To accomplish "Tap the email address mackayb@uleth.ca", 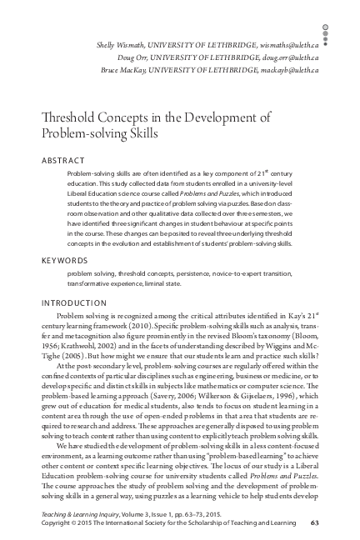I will pyautogui.click(x=307, y=72).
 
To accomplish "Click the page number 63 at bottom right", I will pyautogui.click(x=337, y=523).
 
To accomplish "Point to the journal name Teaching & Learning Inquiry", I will pyautogui.click(x=82, y=514).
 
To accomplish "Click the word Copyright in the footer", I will pyautogui.click(x=57, y=523).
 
